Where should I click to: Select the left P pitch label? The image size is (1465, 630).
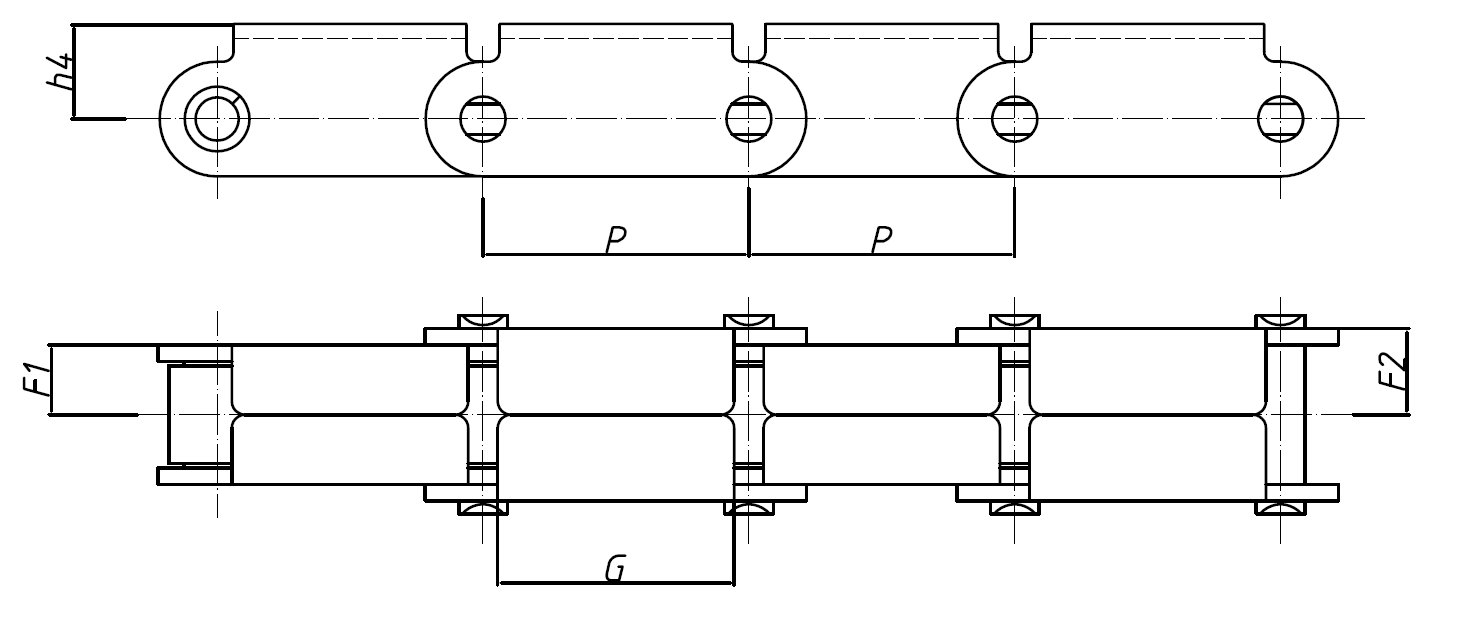coord(616,240)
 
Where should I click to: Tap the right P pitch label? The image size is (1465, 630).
coord(881,240)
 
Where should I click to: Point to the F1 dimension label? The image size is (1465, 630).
coord(37,381)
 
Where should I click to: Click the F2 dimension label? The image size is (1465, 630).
coord(1392,371)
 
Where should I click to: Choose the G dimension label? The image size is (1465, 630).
coord(616,568)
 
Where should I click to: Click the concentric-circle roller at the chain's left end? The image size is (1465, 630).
coord(217,119)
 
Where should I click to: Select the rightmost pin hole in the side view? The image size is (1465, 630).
coord(1280,119)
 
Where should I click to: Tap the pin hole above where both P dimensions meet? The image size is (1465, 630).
coord(749,119)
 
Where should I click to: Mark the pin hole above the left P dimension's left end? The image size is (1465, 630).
coord(483,119)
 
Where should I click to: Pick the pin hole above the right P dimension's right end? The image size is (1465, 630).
coord(1014,119)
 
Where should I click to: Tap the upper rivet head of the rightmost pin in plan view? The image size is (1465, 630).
coord(1280,321)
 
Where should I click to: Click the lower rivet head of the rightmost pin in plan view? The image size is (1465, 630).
coord(1280,508)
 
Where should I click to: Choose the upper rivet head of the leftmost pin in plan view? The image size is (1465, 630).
coord(483,321)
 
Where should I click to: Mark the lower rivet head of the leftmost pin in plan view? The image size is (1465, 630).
coord(483,508)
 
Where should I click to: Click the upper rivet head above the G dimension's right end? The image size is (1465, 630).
coord(749,321)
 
